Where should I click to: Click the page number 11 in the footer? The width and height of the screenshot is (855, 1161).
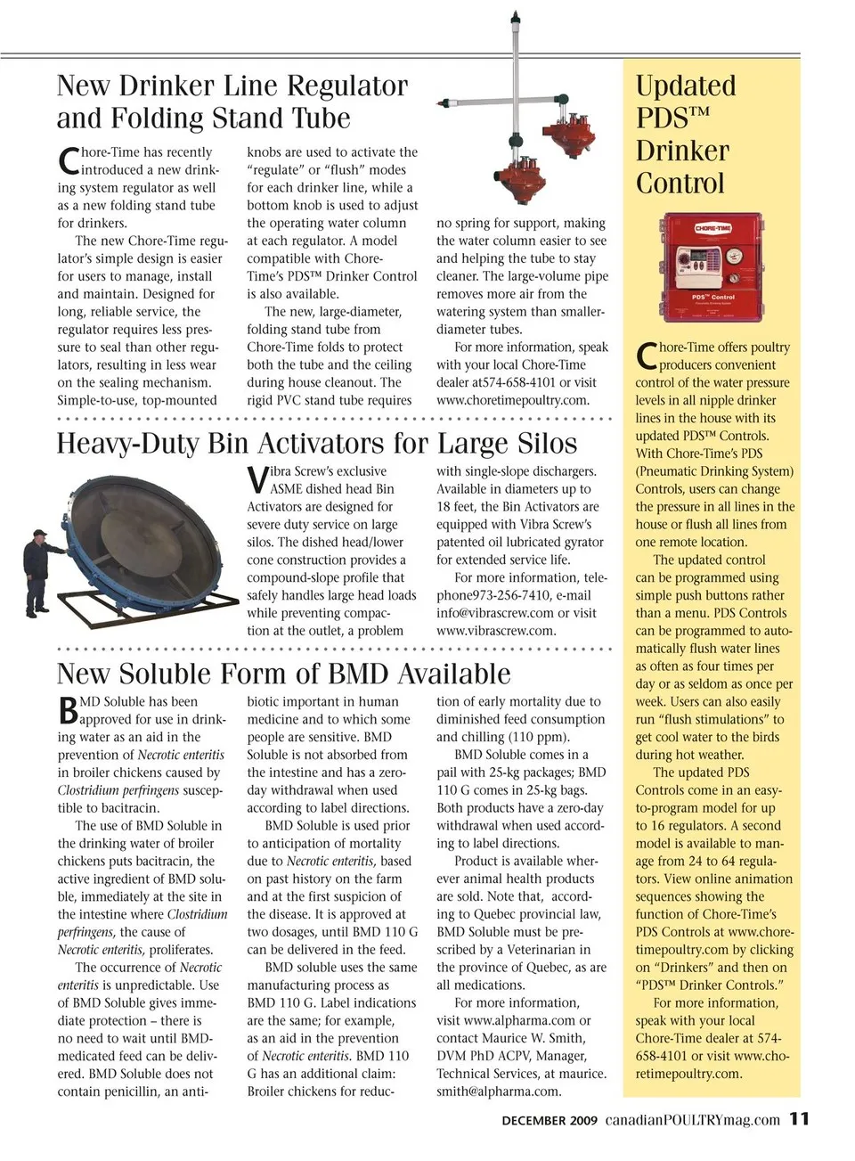click(x=799, y=1118)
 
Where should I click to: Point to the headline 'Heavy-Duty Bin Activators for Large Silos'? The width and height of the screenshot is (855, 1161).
click(x=316, y=444)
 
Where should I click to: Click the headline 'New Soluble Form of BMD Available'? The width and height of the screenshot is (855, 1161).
click(x=283, y=674)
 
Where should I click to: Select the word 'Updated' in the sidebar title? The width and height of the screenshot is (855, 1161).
click(x=685, y=86)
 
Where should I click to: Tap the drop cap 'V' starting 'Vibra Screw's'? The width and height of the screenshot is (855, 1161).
click(x=256, y=479)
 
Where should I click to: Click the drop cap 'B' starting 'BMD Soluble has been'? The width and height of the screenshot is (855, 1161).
click(x=68, y=710)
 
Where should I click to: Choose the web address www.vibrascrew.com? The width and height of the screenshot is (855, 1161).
click(x=496, y=631)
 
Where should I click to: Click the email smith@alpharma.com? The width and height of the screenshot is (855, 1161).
click(x=499, y=1092)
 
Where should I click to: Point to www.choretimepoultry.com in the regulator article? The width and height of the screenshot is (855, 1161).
click(x=512, y=400)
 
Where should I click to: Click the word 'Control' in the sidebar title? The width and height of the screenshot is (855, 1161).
click(x=680, y=184)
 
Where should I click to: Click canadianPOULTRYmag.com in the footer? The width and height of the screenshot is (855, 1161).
click(x=692, y=1120)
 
